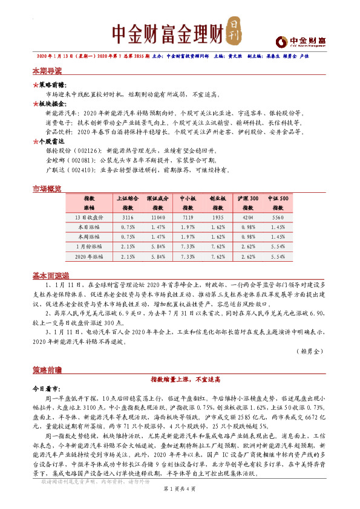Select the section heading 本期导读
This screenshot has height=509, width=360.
click(x=47, y=71)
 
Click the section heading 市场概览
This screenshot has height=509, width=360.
click(x=47, y=190)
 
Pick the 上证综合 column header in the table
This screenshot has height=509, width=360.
click(x=128, y=198)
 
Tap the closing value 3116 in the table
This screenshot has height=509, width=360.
click(x=128, y=216)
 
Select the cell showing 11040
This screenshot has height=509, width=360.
click(x=158, y=216)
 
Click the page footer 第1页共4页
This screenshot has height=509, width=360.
click(x=180, y=488)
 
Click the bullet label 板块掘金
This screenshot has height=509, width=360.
click(x=51, y=104)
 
